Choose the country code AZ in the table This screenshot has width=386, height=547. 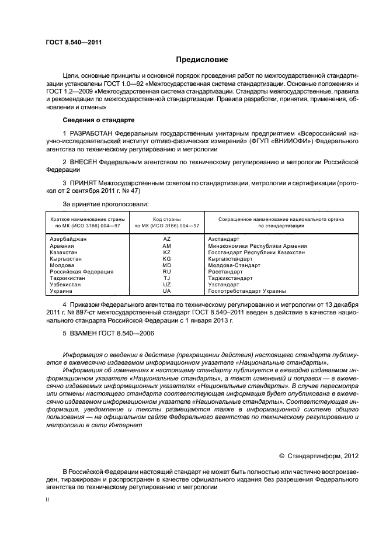[x=166, y=240]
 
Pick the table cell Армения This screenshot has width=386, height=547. [x=62, y=246]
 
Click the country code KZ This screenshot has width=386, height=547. [x=166, y=252]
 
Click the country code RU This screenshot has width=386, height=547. [x=166, y=271]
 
